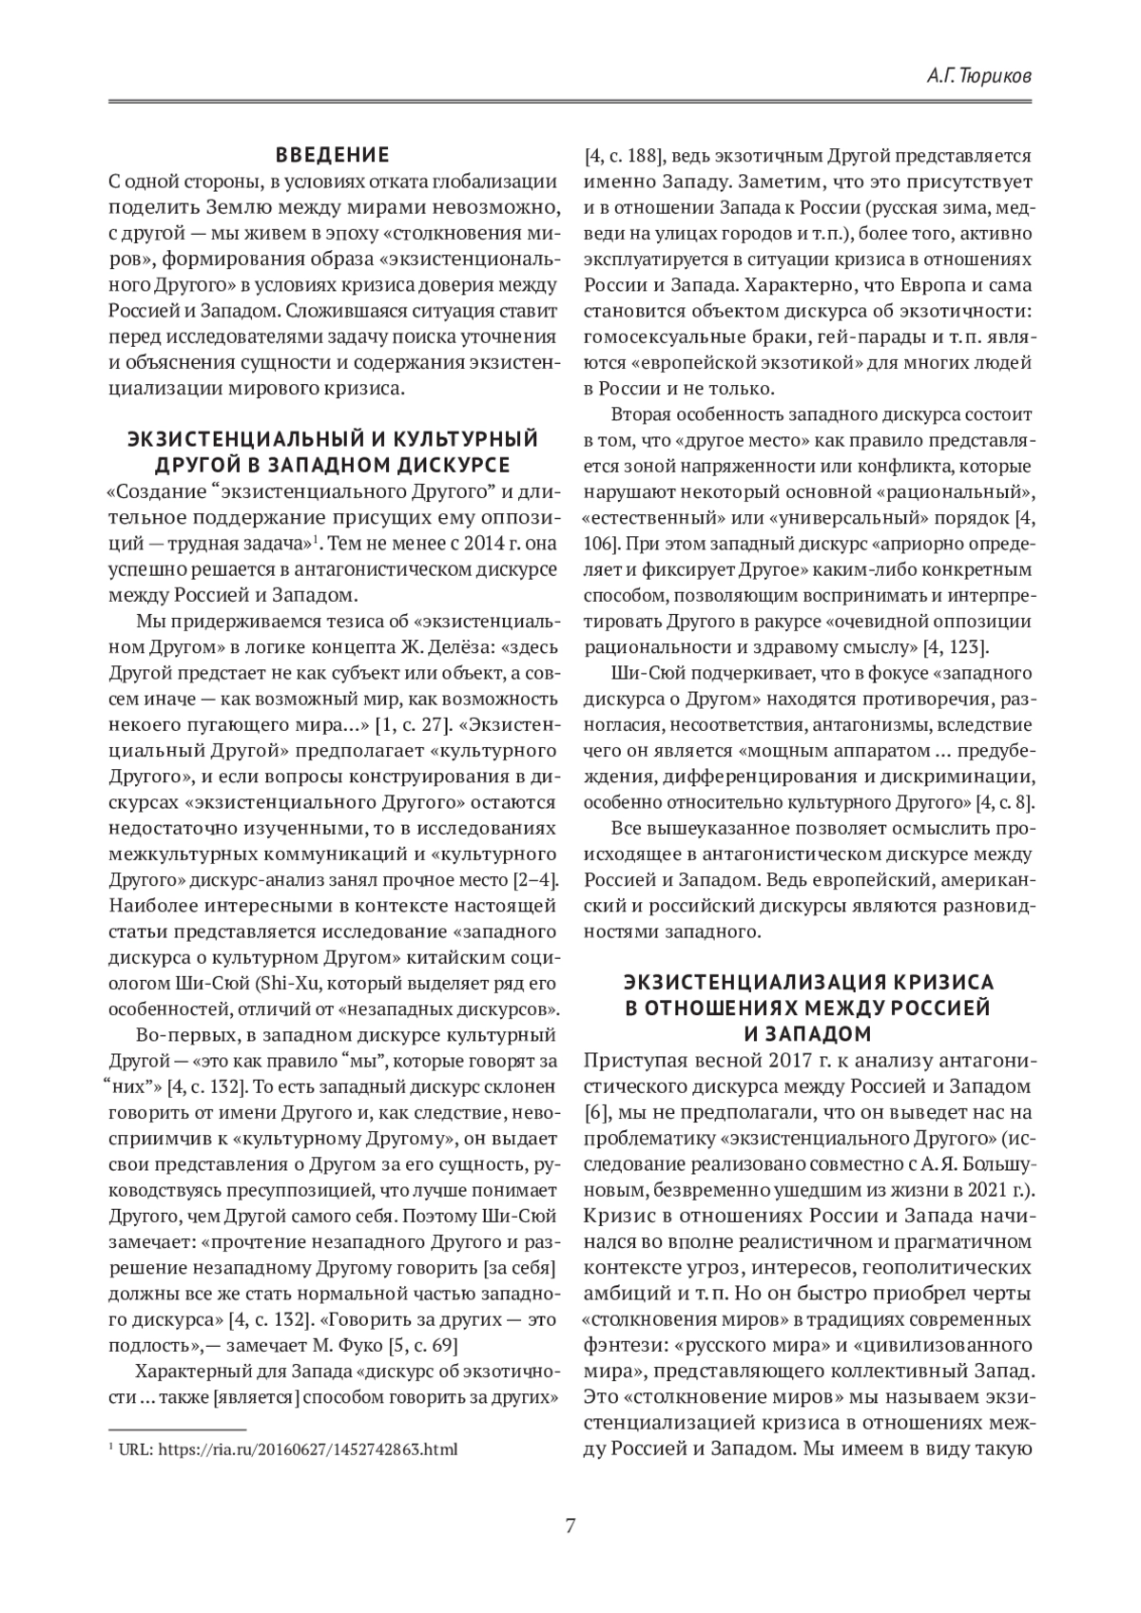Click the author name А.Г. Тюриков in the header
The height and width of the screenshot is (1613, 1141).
(x=977, y=74)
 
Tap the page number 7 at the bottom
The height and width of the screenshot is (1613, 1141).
(x=570, y=1527)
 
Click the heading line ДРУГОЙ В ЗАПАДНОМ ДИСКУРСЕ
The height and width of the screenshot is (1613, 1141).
(x=333, y=464)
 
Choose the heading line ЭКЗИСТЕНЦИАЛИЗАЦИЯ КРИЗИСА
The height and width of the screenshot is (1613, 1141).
(x=807, y=981)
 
